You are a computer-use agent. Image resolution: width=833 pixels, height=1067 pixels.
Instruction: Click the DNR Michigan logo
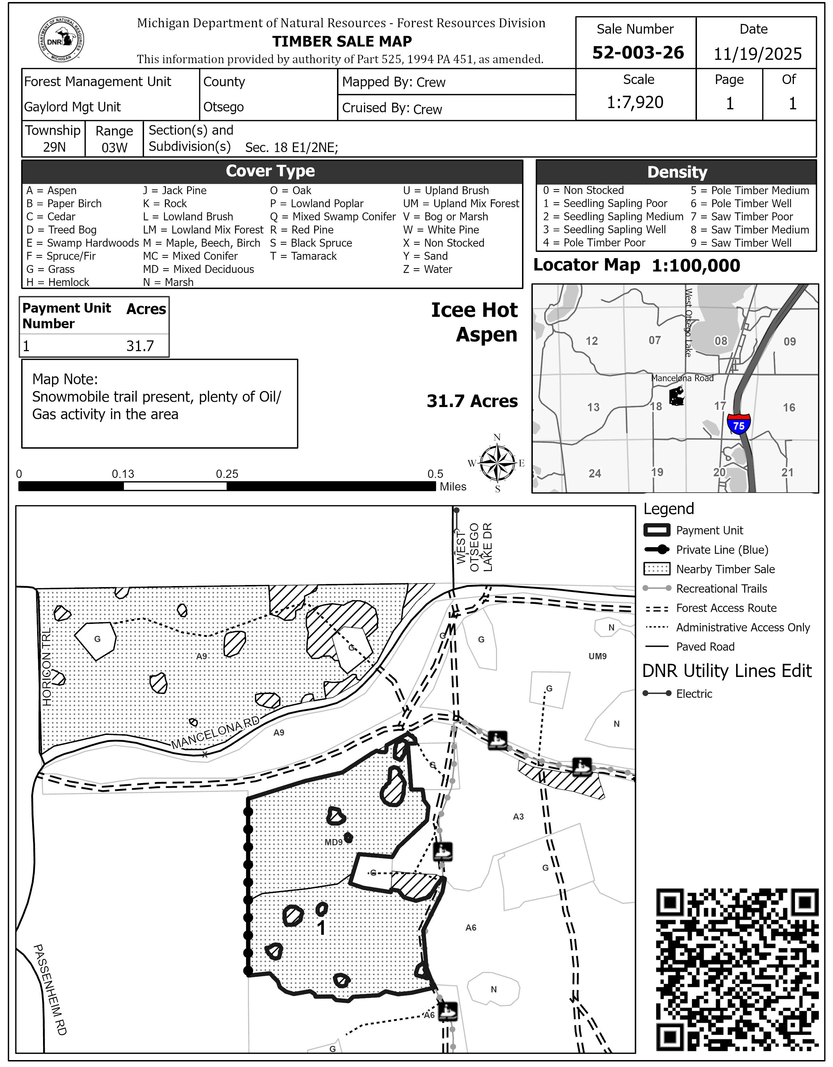pyautogui.click(x=61, y=40)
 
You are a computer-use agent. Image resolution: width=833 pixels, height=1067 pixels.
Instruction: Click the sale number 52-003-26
pyautogui.click(x=638, y=52)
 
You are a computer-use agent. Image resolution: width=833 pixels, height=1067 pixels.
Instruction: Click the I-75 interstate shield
pyautogui.click(x=739, y=424)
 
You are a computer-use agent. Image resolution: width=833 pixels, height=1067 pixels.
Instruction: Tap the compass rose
pyautogui.click(x=497, y=463)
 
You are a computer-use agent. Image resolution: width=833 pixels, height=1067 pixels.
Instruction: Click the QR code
pyautogui.click(x=737, y=970)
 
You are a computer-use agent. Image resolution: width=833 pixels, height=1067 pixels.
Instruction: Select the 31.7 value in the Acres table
pyautogui.click(x=140, y=346)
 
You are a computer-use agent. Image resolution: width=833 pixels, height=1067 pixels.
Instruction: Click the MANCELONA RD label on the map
pyautogui.click(x=215, y=733)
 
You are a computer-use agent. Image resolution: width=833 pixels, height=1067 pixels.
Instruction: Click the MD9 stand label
pyautogui.click(x=334, y=842)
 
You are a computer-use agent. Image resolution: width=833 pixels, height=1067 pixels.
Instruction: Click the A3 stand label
pyautogui.click(x=518, y=816)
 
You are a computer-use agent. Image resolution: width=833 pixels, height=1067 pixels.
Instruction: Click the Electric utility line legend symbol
pyautogui.click(x=657, y=693)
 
